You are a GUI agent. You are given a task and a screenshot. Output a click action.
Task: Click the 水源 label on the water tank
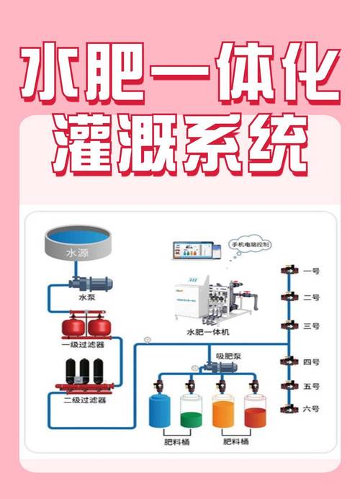[76, 253]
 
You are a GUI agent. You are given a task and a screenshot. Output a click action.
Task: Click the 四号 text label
[311, 361]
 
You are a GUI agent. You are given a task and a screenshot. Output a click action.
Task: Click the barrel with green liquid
[192, 411]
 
